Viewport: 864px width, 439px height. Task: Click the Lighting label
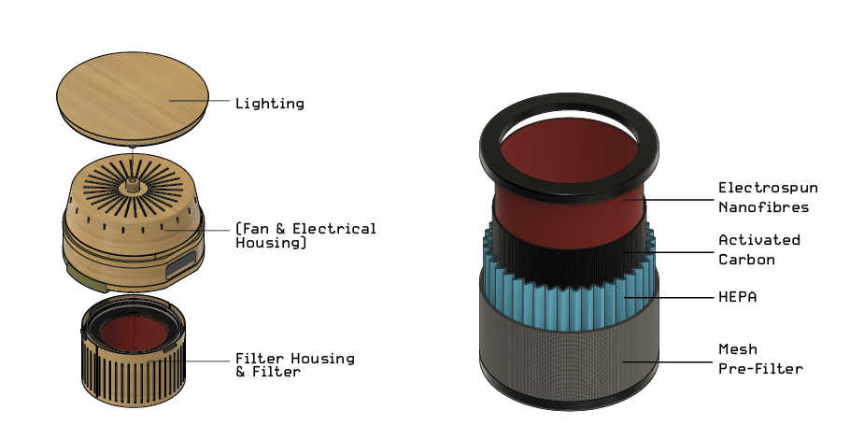pos(269,104)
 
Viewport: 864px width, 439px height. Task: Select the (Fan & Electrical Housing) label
pos(305,235)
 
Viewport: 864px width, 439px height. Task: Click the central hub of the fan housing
pos(133,180)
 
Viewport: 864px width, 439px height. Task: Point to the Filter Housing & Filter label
pos(294,365)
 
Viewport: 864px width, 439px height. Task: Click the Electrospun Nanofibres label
pos(768,196)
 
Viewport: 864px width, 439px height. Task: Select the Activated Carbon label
pos(759,248)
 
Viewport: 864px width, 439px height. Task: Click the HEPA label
pos(738,297)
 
